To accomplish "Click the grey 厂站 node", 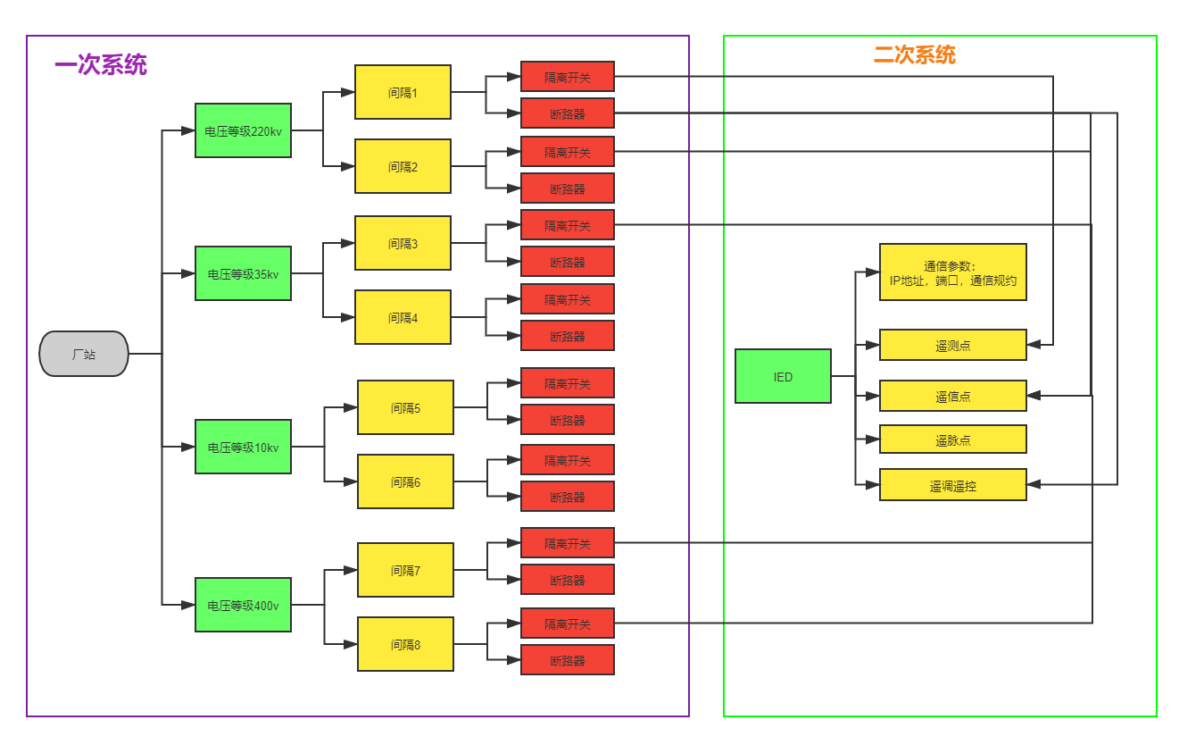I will click(84, 354).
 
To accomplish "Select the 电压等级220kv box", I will click(243, 130).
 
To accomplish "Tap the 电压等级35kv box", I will click(243, 273).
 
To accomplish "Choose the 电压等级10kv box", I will click(243, 447).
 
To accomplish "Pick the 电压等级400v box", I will click(243, 605).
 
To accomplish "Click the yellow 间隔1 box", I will click(403, 92).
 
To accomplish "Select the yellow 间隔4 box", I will click(403, 317).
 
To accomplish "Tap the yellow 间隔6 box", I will click(405, 481).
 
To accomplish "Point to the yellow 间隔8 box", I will click(405, 644).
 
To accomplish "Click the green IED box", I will click(783, 376).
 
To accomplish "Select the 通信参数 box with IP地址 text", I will click(952, 272).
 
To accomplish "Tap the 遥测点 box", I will click(952, 345).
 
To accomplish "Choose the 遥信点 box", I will click(952, 396).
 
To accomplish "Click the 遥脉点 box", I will click(952, 439).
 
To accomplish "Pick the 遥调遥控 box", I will click(952, 485).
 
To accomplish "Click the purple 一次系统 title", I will click(101, 65).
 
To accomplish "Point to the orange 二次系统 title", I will click(914, 55).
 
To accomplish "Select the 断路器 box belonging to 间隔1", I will click(568, 113).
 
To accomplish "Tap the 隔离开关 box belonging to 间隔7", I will click(568, 543).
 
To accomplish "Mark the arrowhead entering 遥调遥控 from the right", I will click(1034, 485).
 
